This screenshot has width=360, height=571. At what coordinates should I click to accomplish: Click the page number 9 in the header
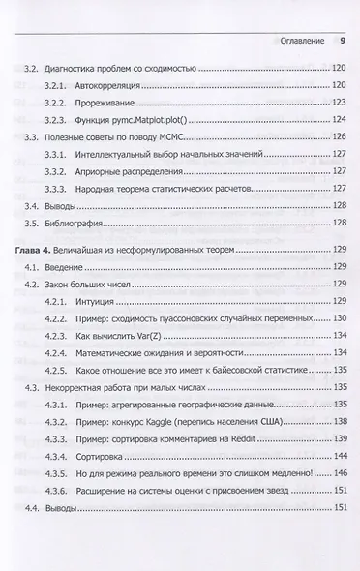click(341, 42)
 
